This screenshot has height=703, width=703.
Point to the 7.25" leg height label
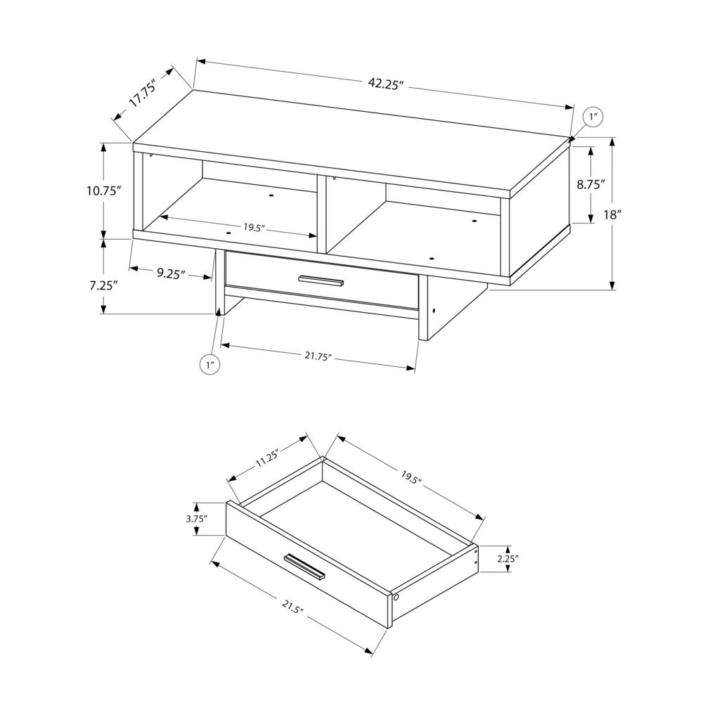[103, 285]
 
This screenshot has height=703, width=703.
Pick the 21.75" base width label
[318, 357]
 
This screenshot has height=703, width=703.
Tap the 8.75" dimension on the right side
[591, 186]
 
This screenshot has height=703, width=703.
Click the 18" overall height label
[612, 214]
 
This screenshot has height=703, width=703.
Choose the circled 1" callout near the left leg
[210, 364]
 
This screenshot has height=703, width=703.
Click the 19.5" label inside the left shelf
[254, 227]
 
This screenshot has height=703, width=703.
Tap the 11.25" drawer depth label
[267, 460]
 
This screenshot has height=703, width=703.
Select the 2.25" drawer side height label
[506, 559]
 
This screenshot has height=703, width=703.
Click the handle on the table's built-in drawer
[320, 280]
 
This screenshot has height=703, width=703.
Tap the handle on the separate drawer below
[304, 567]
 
